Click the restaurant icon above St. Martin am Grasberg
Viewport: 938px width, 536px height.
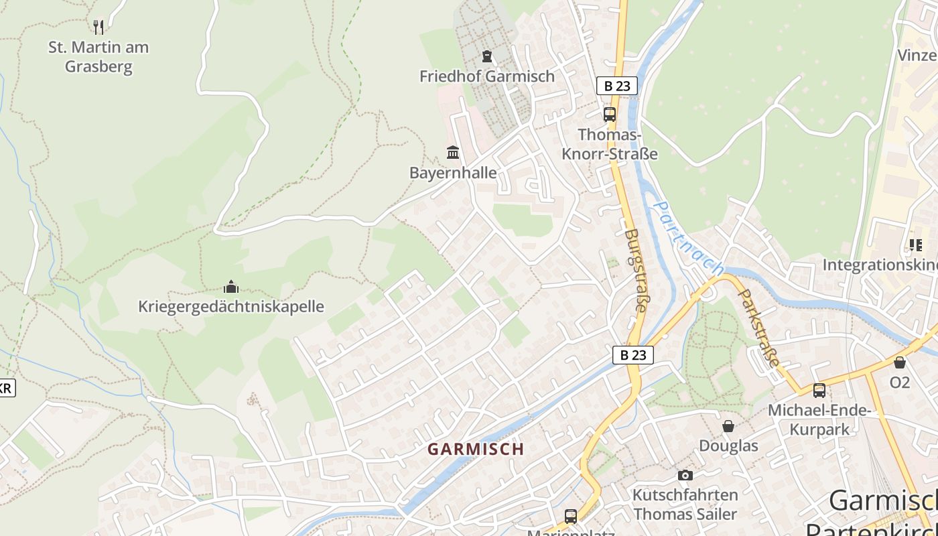[98, 27]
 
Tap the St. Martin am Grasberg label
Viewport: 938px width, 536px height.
[98, 57]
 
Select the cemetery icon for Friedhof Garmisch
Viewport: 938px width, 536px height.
[487, 56]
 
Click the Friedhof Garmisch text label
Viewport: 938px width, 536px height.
[487, 76]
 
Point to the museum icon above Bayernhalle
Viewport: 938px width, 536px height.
[453, 153]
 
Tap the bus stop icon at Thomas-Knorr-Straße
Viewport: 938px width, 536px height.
[609, 115]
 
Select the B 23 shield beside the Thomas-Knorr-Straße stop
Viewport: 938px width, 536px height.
[616, 86]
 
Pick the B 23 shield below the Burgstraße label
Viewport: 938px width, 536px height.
[632, 355]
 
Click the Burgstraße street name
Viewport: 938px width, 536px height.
[635, 271]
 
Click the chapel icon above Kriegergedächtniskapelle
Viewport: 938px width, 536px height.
[231, 287]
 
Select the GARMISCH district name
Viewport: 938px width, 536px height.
[476, 449]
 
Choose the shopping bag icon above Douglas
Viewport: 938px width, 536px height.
[728, 426]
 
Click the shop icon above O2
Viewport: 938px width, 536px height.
[900, 362]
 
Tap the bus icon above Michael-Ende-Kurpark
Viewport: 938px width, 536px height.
[819, 391]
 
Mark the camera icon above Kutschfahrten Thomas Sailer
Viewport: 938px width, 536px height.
[685, 475]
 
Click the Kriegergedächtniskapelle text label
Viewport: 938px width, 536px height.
[231, 307]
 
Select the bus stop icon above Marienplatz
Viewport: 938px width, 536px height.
[571, 517]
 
